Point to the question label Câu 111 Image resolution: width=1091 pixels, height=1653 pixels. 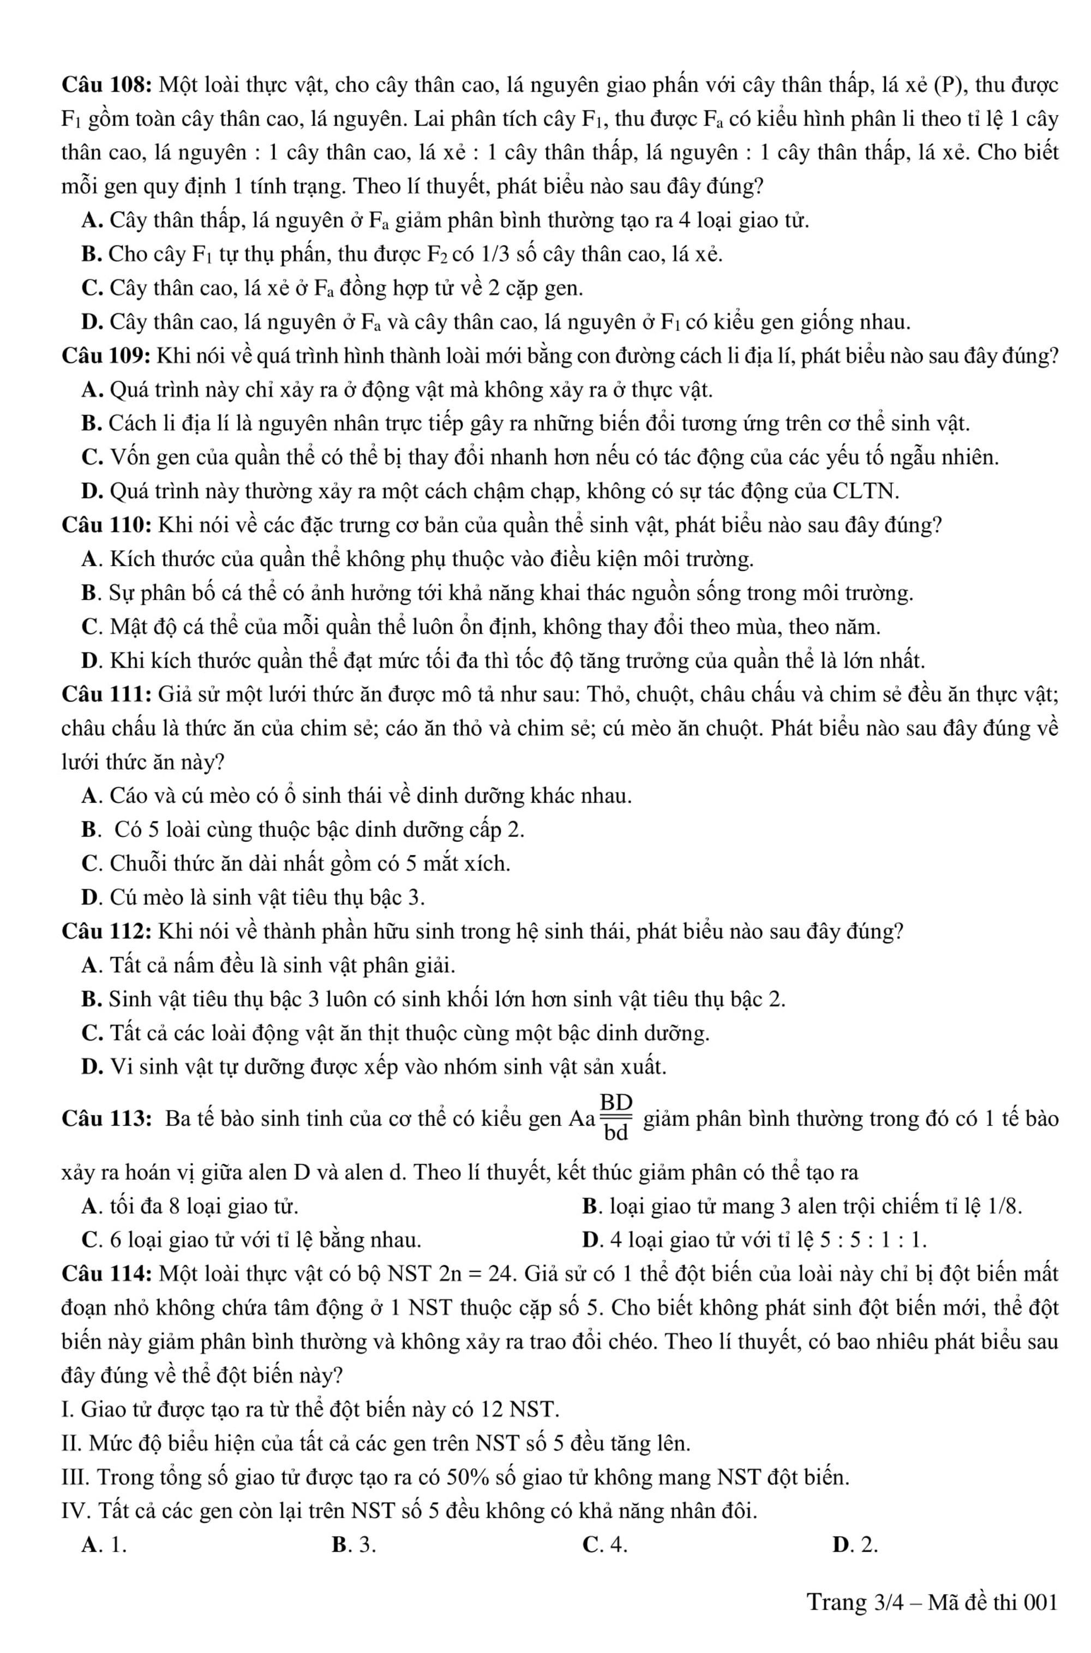[106, 694]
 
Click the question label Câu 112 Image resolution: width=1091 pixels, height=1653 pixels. [106, 931]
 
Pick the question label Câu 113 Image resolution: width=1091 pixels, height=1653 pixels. [106, 1119]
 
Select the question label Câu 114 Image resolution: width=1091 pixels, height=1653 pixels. [106, 1274]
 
